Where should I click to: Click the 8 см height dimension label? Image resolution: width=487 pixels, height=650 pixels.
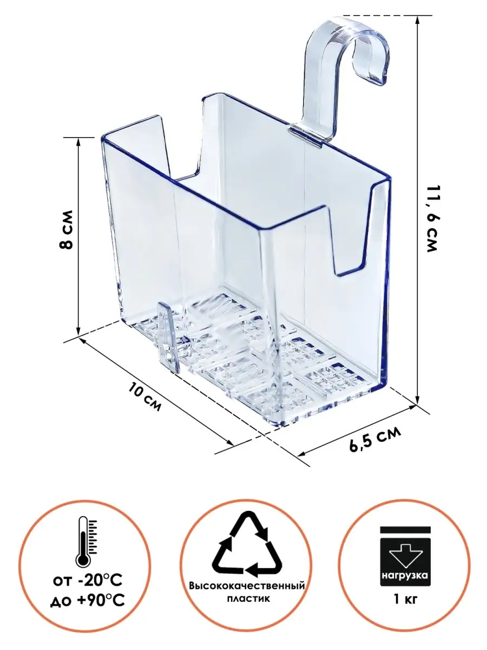[x=67, y=230]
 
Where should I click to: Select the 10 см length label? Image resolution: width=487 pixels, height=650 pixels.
[x=145, y=397]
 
